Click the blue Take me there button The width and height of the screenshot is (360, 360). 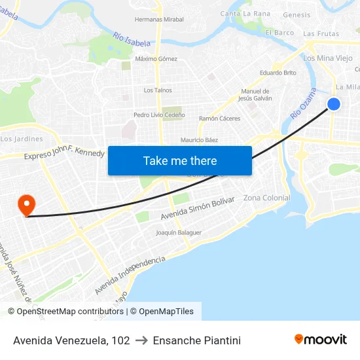[180, 160]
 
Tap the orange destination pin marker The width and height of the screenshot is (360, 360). [27, 204]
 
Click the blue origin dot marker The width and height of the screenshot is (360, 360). [334, 104]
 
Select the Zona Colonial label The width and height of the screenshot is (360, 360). [266, 198]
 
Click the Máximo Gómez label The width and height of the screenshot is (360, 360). [156, 59]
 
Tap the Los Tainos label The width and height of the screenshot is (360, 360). [158, 90]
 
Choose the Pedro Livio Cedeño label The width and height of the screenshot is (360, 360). [159, 115]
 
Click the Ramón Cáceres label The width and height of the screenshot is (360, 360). [219, 118]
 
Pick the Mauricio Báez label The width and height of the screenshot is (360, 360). [199, 140]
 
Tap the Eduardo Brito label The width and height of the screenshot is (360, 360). [278, 73]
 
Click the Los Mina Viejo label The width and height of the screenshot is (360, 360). [328, 58]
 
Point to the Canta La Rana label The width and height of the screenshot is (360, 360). [245, 14]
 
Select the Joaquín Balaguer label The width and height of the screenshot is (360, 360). [179, 232]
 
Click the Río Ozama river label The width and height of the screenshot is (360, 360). [302, 103]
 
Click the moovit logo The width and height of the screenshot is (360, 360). [321, 339]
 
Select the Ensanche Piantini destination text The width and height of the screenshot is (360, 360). [196, 340]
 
